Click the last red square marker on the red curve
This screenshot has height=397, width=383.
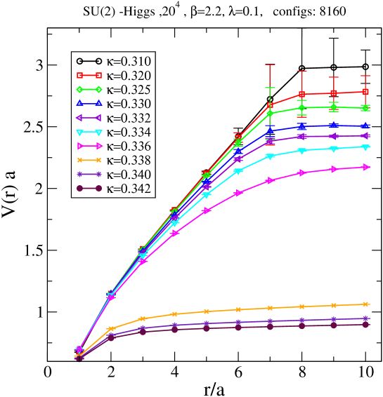pos(365,91)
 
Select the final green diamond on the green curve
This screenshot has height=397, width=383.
pos(365,108)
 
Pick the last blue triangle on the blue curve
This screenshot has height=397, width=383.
pos(365,126)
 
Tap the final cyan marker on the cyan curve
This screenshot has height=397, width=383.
pos(365,147)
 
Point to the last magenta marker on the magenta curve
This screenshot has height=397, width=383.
pos(365,167)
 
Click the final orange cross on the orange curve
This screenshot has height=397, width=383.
pos(365,304)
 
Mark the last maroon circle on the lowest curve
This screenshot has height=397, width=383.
pos(365,325)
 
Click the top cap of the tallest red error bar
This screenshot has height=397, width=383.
pos(270,65)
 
